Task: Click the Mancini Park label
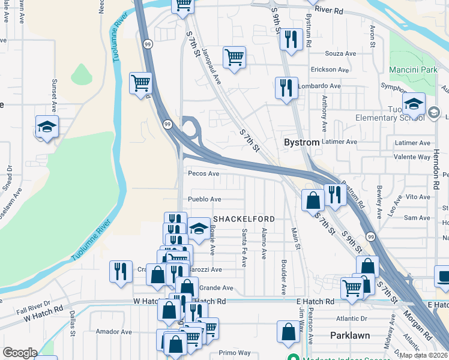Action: pos(413,70)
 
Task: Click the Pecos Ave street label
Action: pos(204,173)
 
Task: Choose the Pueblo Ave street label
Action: pos(205,199)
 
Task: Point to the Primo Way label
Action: pos(234,353)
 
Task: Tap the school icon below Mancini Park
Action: pos(414,104)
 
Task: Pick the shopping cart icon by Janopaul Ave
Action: pos(234,58)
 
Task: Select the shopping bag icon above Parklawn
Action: pos(289,331)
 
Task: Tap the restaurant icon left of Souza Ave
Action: pos(291,40)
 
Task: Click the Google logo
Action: pos(20,352)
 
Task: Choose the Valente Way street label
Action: pos(412,157)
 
